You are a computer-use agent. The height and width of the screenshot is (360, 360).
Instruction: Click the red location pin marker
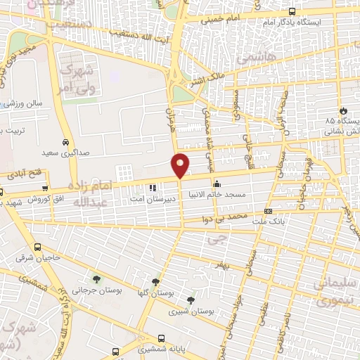(181, 165)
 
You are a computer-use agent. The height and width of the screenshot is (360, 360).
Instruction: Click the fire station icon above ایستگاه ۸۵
(342, 110)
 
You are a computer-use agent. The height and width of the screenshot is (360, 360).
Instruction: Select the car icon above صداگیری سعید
(65, 141)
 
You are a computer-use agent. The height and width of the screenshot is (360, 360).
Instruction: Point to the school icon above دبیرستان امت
(153, 187)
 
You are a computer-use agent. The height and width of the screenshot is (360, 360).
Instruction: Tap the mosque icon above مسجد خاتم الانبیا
(216, 186)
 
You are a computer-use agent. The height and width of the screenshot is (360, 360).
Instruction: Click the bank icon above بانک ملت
(268, 211)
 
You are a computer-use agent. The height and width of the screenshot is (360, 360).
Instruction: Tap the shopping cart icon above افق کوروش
(45, 188)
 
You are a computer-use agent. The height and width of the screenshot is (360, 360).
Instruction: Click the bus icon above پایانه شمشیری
(162, 337)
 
